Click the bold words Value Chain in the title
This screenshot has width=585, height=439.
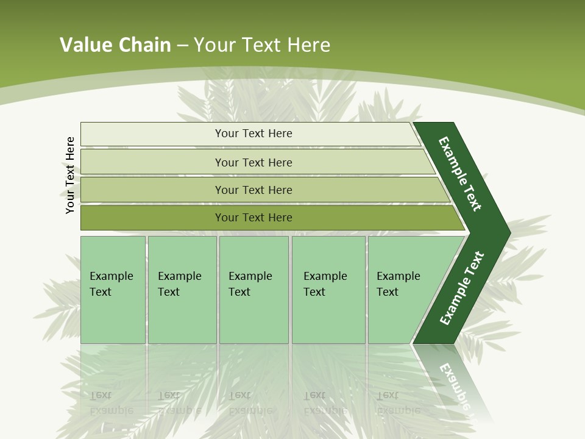point(115,45)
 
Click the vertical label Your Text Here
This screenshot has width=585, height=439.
point(70,175)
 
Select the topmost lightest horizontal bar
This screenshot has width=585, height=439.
point(152,134)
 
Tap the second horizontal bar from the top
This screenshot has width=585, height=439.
point(152,162)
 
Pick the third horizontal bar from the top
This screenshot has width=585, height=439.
point(152,190)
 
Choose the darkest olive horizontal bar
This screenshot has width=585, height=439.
point(152,218)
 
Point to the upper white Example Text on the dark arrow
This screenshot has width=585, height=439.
point(460,174)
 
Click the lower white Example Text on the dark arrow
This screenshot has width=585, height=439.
point(461,288)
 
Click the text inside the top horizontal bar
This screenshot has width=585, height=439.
point(253,134)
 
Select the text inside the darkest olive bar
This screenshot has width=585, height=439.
point(253,218)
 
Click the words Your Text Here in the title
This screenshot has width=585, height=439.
point(262,45)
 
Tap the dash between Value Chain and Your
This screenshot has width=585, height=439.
point(182,45)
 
